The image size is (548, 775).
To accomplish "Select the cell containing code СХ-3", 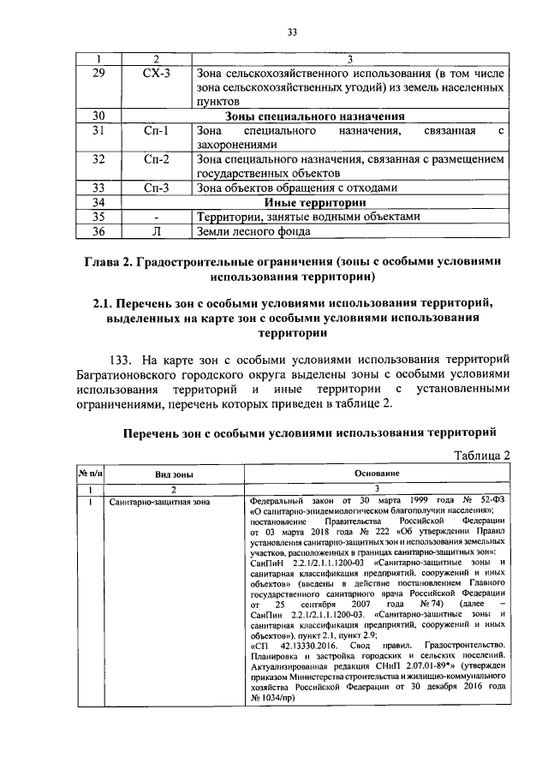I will point(156,74).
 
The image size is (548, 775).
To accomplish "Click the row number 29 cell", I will point(98,74).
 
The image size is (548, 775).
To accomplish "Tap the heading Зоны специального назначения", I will point(314,116).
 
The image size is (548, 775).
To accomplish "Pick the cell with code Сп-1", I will point(156,131).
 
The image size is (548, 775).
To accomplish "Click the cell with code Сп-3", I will point(156,188).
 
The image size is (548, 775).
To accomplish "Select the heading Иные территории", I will point(314,202).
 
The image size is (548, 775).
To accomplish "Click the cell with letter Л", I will point(156,230).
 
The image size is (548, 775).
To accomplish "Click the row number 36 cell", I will point(98,230).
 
